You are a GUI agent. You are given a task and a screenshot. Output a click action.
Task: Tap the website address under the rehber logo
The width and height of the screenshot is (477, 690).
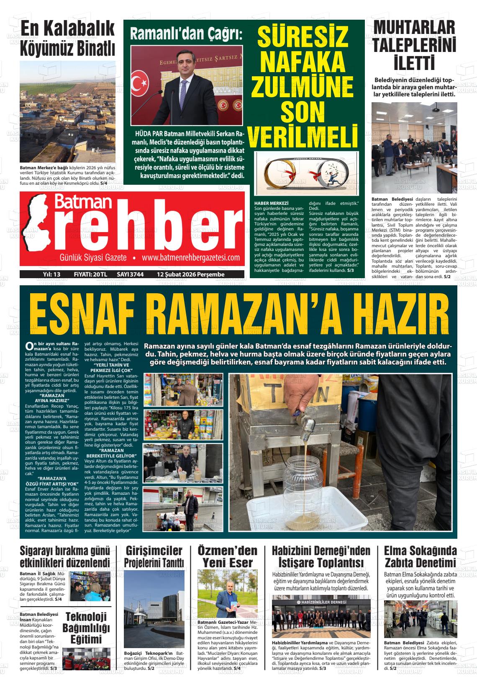[190, 258]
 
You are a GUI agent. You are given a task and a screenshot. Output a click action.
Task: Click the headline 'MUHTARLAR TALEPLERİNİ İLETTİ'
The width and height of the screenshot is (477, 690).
[414, 46]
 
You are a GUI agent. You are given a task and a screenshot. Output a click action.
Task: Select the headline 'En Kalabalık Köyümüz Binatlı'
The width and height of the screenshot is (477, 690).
[67, 39]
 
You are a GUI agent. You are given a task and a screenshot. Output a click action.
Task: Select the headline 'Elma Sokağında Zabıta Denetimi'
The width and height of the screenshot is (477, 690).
[420, 556]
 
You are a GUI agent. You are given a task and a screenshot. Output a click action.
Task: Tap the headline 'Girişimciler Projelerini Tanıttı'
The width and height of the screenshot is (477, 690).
[154, 556]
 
